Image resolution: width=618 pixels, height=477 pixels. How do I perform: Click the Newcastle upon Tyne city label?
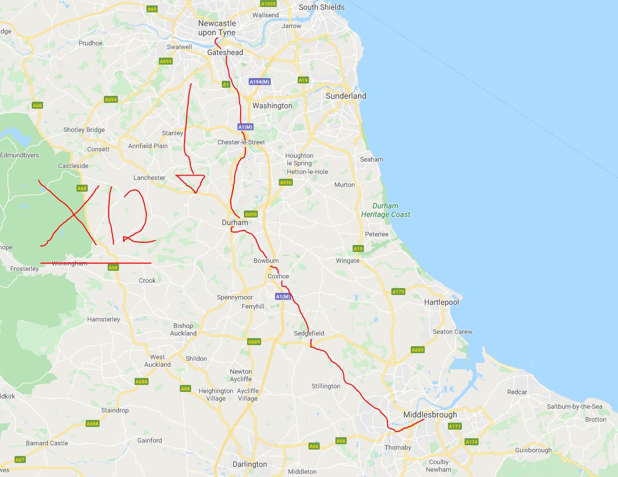click(217, 28)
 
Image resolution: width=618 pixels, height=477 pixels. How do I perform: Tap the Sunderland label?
click(346, 96)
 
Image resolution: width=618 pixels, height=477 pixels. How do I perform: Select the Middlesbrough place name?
click(430, 415)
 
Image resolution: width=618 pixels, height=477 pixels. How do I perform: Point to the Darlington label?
click(250, 464)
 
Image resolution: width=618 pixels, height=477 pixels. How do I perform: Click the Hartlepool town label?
click(441, 302)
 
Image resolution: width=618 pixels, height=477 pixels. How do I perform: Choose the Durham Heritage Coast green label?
click(385, 210)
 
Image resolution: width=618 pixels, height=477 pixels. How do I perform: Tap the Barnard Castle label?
click(47, 443)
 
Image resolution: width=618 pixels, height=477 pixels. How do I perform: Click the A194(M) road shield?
click(259, 82)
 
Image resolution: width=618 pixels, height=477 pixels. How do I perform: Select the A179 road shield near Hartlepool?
click(398, 292)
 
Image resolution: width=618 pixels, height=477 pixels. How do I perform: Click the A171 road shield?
click(455, 426)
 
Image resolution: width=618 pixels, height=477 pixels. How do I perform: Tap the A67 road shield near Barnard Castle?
click(20, 460)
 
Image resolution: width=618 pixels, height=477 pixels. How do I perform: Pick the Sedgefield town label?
click(309, 333)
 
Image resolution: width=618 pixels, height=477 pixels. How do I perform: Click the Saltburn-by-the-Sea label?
click(574, 406)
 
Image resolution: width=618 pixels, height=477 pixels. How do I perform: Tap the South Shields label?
click(321, 7)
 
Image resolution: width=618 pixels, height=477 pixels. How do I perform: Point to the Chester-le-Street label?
click(241, 142)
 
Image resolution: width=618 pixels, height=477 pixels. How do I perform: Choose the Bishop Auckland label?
click(183, 329)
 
